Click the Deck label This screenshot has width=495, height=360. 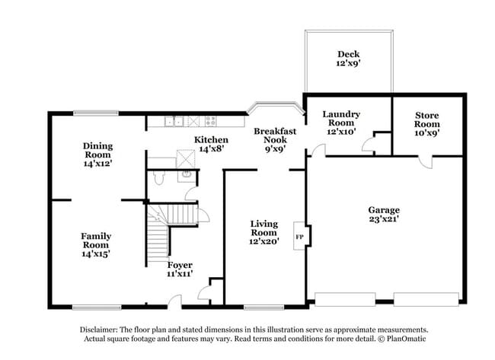348,54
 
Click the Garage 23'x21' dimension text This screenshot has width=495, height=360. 385,220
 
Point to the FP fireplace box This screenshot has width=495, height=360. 300,237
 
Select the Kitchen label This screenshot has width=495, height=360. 210,140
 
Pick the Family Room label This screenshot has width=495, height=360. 96,241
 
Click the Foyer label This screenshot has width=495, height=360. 180,265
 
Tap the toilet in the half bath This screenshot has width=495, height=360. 158,177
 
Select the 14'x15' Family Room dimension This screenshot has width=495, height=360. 96,255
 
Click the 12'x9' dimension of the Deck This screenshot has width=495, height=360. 348,65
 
